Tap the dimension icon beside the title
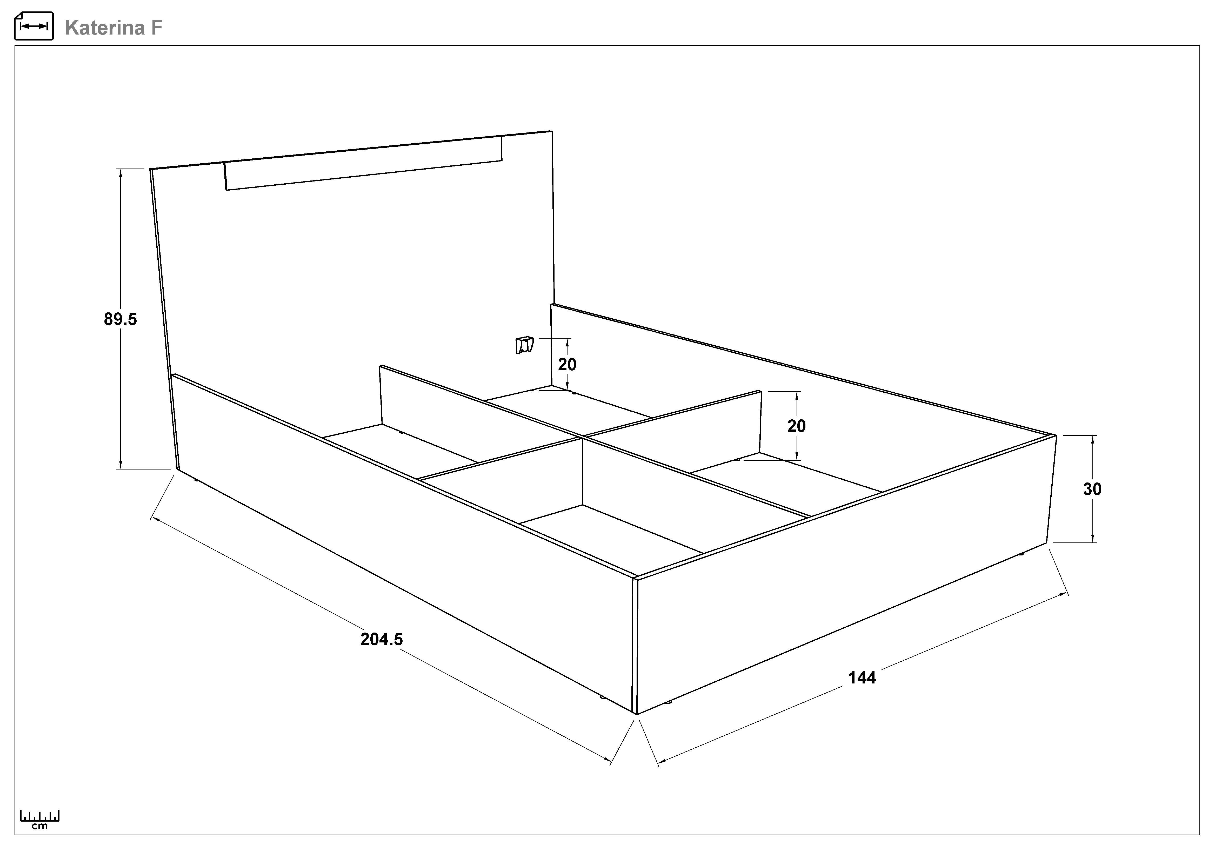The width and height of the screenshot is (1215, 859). (33, 26)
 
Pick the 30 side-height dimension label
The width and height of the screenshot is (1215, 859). (1092, 489)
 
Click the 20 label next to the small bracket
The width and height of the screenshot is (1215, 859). (567, 364)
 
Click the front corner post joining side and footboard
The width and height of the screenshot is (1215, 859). (635, 645)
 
